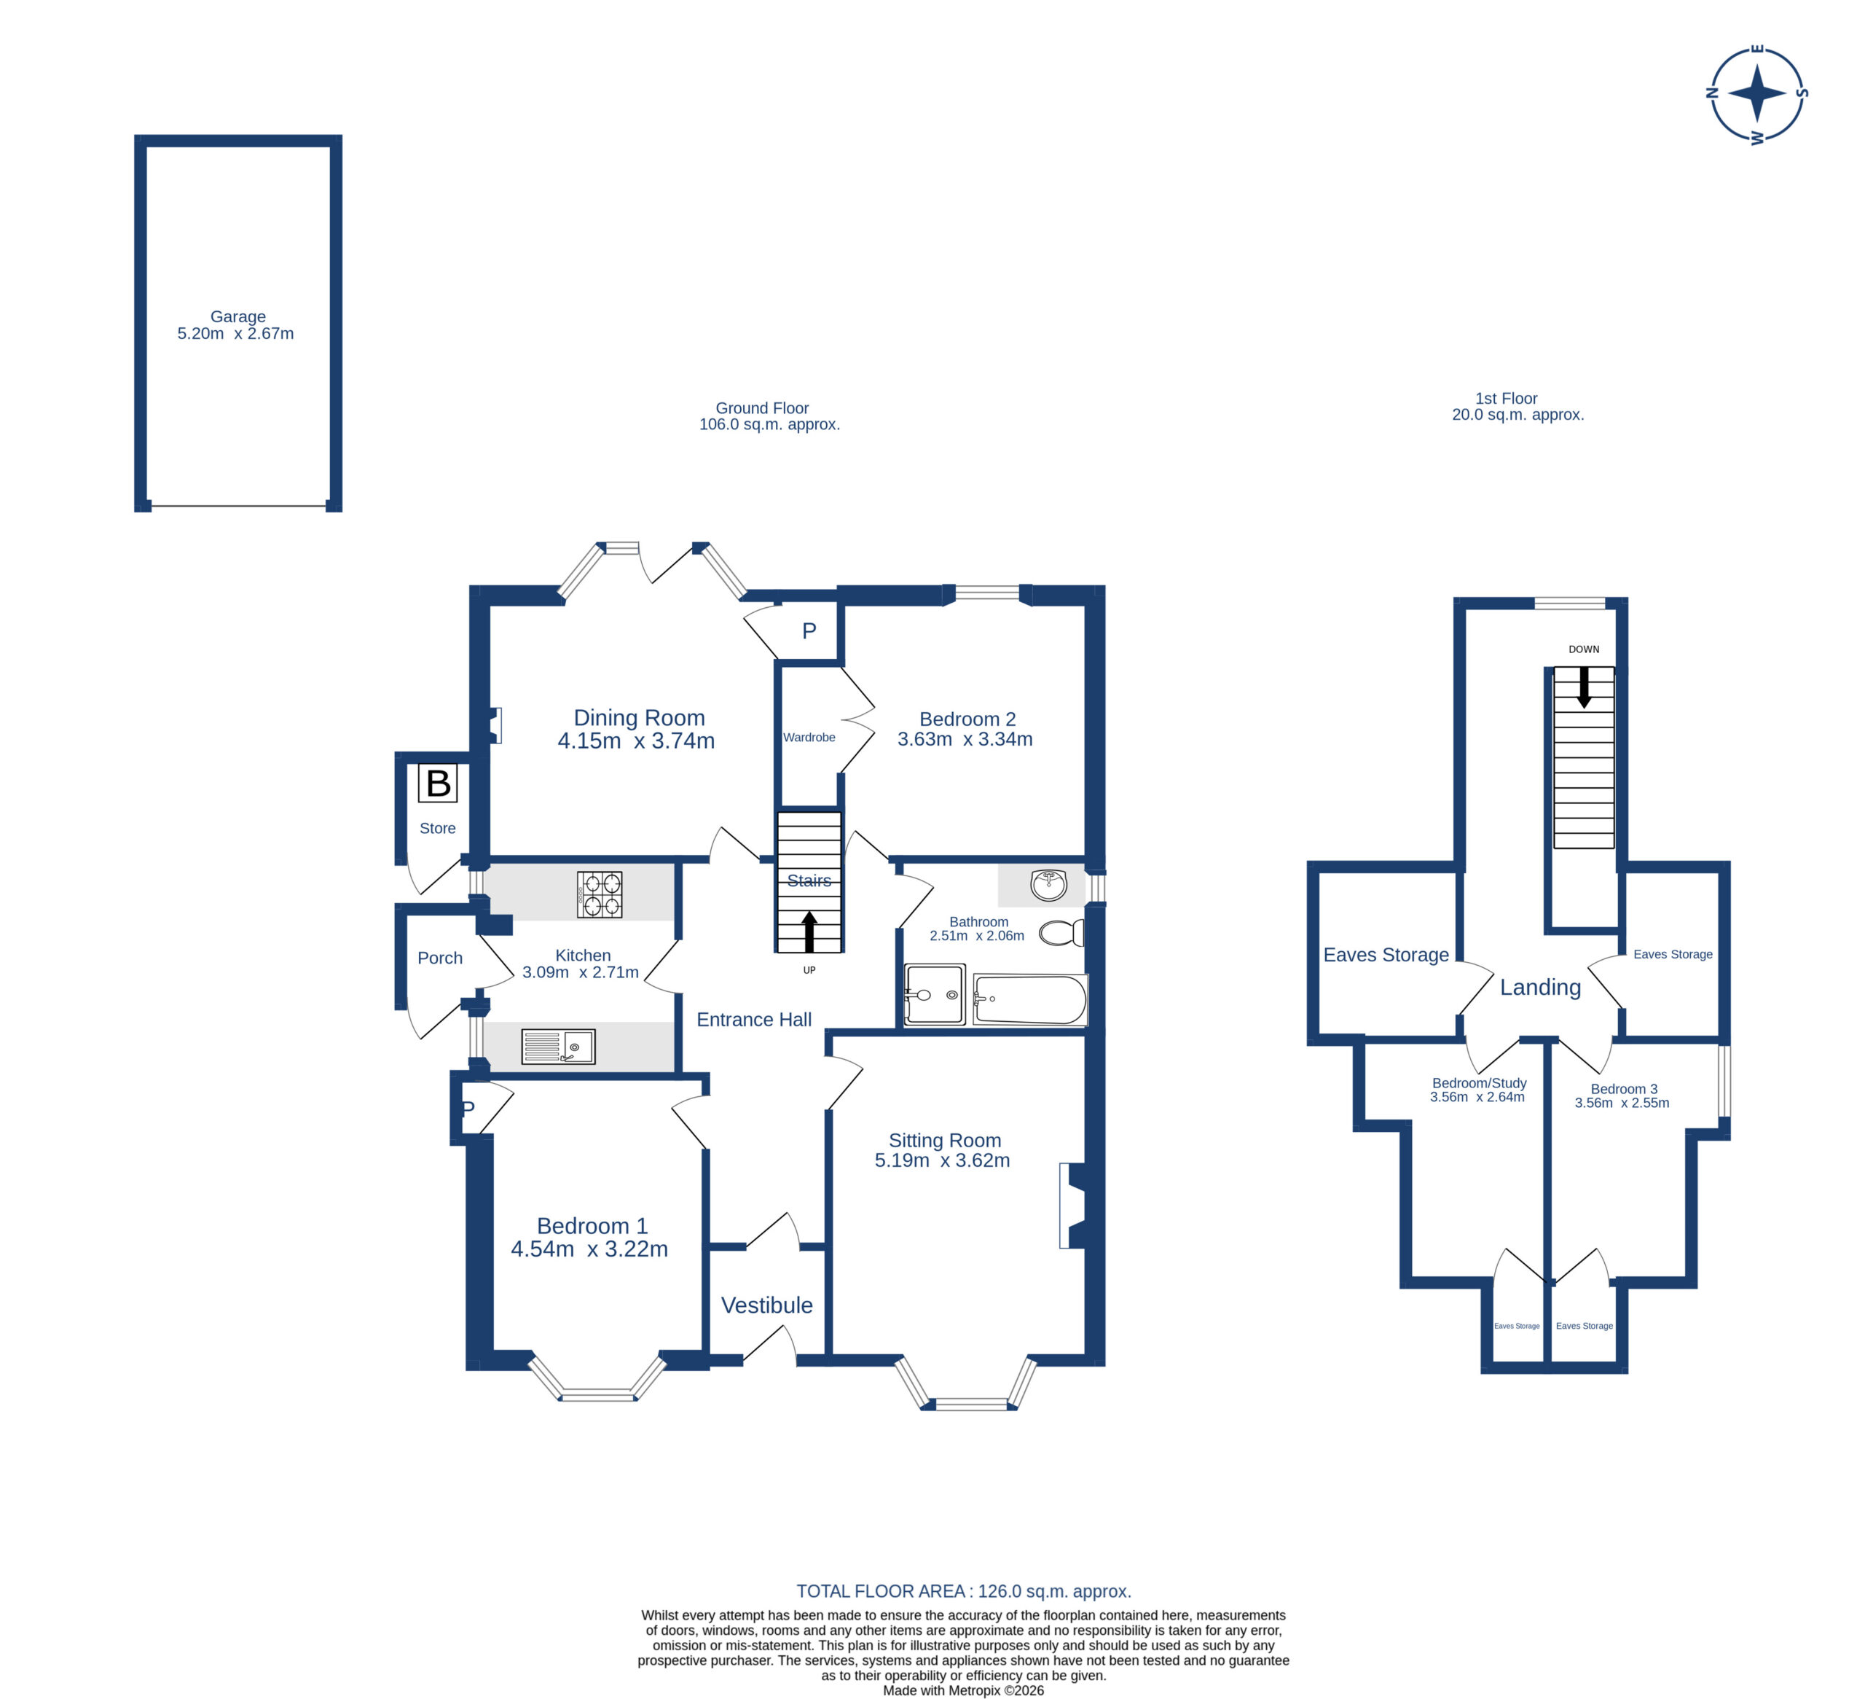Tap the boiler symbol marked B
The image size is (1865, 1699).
pyautogui.click(x=438, y=783)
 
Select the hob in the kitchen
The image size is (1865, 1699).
pyautogui.click(x=600, y=895)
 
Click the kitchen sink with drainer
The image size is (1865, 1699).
pyautogui.click(x=558, y=1047)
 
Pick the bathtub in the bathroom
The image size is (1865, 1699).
pyautogui.click(x=1029, y=1000)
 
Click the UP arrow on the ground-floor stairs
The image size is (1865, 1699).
pyautogui.click(x=809, y=931)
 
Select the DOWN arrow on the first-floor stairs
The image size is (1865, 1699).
pyautogui.click(x=1583, y=687)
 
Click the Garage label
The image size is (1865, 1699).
pyautogui.click(x=237, y=316)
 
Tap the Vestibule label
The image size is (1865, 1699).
pyautogui.click(x=767, y=1305)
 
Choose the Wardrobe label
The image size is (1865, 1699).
pyautogui.click(x=809, y=738)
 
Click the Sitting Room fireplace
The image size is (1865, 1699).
pyautogui.click(x=1076, y=1206)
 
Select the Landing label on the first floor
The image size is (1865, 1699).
pyautogui.click(x=1540, y=988)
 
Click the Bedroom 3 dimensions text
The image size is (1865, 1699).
pyautogui.click(x=1622, y=1103)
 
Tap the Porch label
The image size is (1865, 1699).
pyautogui.click(x=439, y=958)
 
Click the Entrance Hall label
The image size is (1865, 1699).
pyautogui.click(x=754, y=1019)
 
